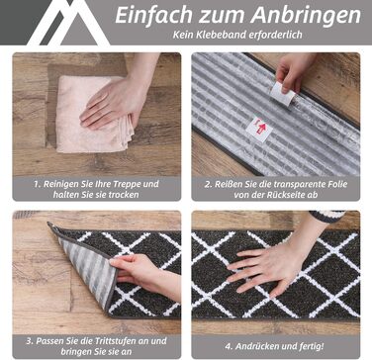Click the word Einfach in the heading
(154, 16)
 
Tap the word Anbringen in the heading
(305, 16)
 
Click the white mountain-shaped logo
(69, 23)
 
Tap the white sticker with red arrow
(259, 129)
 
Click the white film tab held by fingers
(283, 93)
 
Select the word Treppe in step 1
(126, 184)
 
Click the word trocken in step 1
(123, 195)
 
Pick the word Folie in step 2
(336, 184)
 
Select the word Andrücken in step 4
(256, 346)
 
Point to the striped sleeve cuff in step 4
(326, 216)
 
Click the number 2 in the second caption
(207, 184)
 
